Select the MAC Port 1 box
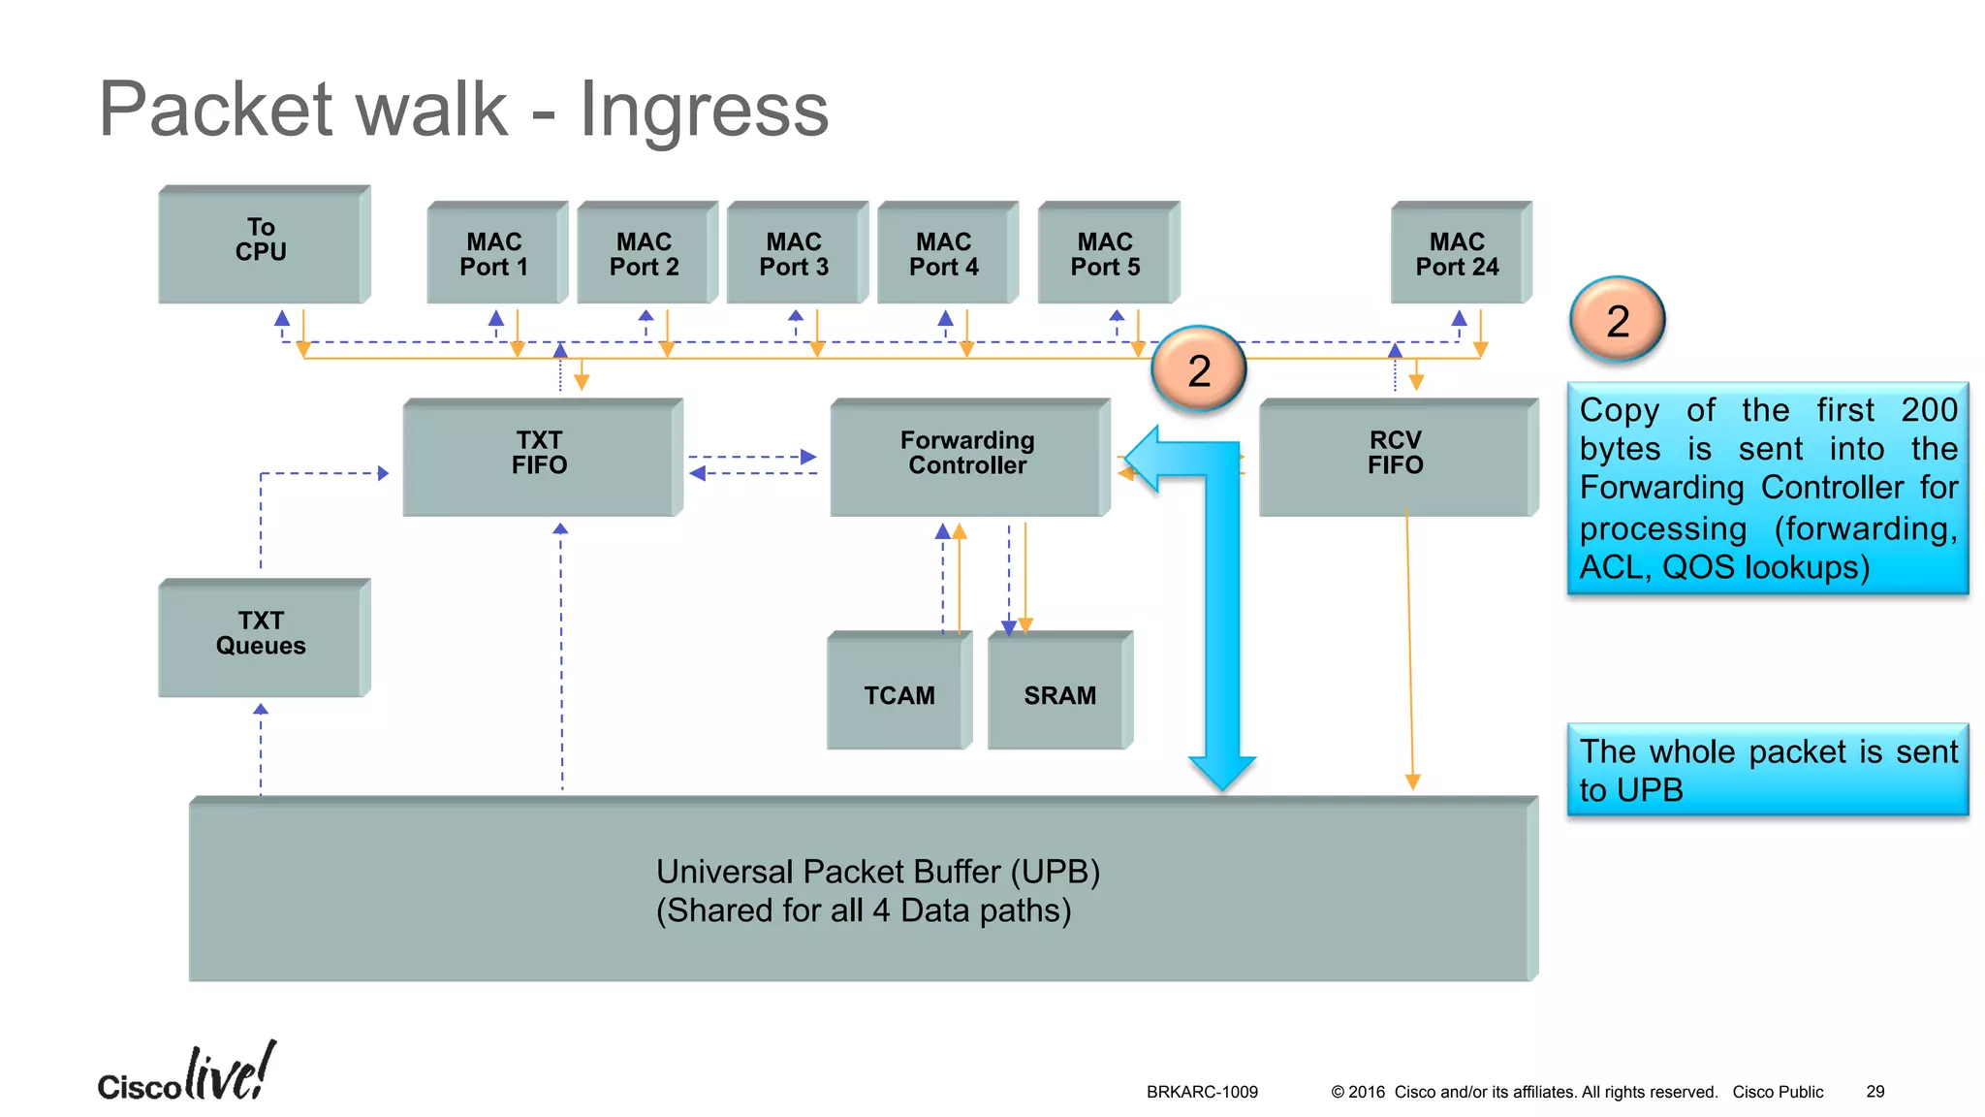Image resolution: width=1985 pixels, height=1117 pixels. pyautogui.click(x=494, y=254)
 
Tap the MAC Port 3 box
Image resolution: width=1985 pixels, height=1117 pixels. pyautogui.click(x=794, y=254)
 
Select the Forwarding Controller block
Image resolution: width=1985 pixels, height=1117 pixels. pyautogui.click(x=967, y=456)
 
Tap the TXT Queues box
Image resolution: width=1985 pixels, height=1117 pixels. pyautogui.click(x=261, y=636)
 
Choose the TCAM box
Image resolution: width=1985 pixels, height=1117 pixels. pyautogui.click(x=898, y=693)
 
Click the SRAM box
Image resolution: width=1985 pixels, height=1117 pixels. pyautogui.click(x=1059, y=693)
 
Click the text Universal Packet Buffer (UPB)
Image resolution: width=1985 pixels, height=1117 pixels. pyautogui.click(x=877, y=872)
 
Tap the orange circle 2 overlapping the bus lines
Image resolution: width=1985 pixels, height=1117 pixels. pyautogui.click(x=1199, y=369)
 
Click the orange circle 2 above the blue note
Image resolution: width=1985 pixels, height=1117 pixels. pyautogui.click(x=1617, y=320)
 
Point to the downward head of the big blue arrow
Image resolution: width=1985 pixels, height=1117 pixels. pyautogui.click(x=1222, y=772)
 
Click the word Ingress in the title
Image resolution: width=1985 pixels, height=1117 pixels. pyautogui.click(x=704, y=110)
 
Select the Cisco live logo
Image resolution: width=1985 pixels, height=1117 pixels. pyautogui.click(x=186, y=1074)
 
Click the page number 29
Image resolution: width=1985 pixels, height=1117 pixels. pyautogui.click(x=1875, y=1092)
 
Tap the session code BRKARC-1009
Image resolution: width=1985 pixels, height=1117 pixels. pyautogui.click(x=1202, y=1092)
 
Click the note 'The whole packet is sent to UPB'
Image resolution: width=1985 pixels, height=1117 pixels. pyautogui.click(x=1767, y=770)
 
